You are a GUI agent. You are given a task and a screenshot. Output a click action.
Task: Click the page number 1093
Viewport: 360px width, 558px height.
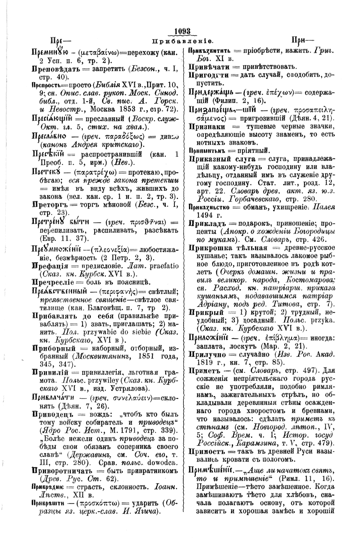(183, 31)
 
